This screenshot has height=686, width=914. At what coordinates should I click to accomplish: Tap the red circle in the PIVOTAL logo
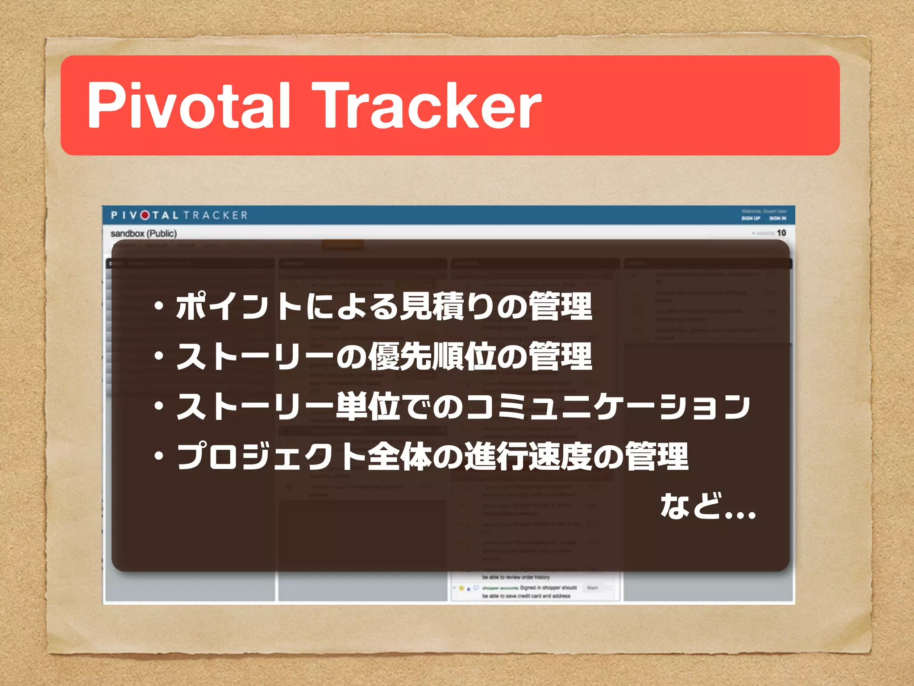pyautogui.click(x=145, y=215)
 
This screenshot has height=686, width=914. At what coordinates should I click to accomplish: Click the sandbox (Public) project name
pyautogui.click(x=144, y=234)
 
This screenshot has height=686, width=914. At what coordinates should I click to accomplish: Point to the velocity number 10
pyautogui.click(x=781, y=233)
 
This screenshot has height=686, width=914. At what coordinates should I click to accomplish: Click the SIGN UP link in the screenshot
pyautogui.click(x=751, y=218)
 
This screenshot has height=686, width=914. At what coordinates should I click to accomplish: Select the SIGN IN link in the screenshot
pyautogui.click(x=778, y=218)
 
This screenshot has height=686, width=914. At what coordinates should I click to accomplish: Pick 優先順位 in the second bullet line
pyautogui.click(x=431, y=356)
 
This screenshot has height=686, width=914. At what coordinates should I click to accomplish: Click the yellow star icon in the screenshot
pyautogui.click(x=461, y=588)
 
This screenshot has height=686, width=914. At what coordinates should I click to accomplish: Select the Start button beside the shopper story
pyautogui.click(x=592, y=588)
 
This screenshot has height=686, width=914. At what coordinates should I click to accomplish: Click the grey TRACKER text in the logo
pyautogui.click(x=215, y=215)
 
